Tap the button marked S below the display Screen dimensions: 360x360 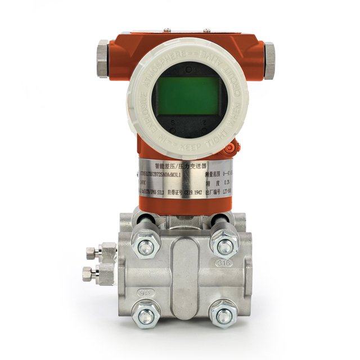[172, 121]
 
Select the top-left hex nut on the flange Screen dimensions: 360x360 [145, 245]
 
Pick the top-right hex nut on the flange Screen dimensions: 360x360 [225, 245]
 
